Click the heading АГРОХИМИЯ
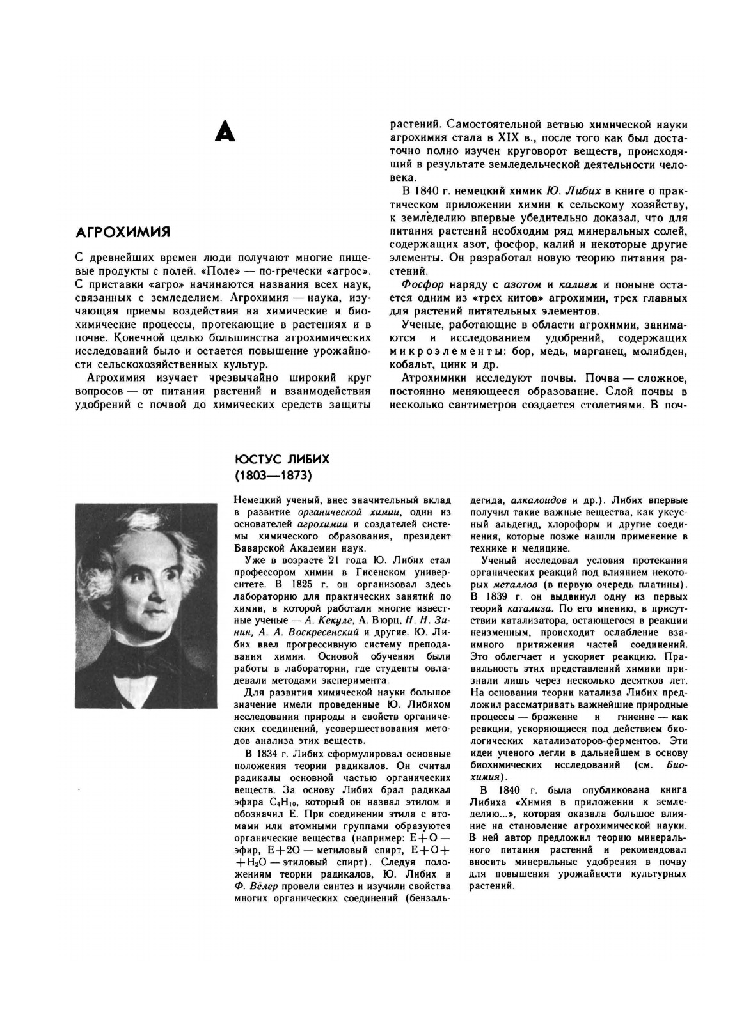[122, 231]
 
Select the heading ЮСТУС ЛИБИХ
[282, 460]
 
